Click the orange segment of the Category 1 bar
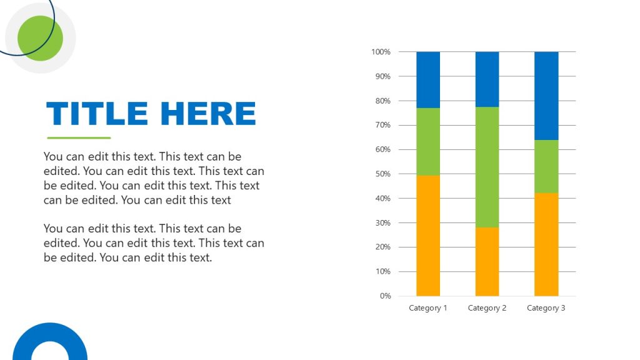pos(428,236)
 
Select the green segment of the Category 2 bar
pos(487,167)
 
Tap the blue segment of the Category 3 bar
pos(546,96)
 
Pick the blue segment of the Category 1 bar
pos(428,80)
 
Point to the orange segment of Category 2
pos(487,261)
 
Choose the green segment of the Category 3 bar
pos(546,166)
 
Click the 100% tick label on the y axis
pos(381,52)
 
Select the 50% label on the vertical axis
pos(382,174)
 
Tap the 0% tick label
pos(384,296)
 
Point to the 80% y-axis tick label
pos(382,101)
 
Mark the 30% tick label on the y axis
pos(382,222)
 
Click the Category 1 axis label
pos(428,308)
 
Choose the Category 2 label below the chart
pos(487,308)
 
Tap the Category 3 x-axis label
pos(546,308)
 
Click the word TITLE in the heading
pos(97,114)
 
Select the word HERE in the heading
pos(208,114)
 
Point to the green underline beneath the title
pos(79,138)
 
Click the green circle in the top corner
pos(41,38)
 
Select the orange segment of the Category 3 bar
pos(546,244)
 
